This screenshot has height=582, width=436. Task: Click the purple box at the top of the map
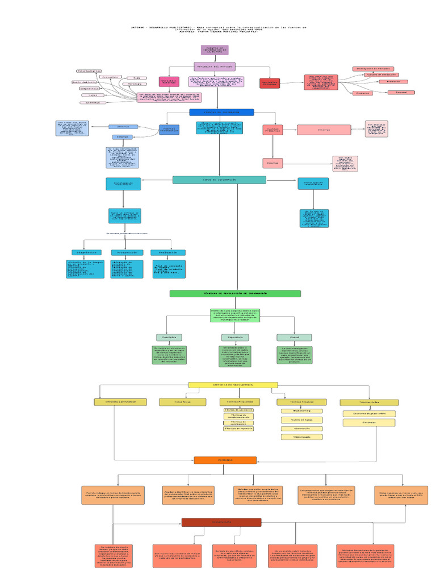215,50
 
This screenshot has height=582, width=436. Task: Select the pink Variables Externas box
169,82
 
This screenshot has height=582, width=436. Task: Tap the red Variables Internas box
270,83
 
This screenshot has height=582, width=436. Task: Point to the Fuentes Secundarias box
169,130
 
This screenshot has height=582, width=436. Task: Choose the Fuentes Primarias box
272,130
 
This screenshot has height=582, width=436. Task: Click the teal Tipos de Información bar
219,180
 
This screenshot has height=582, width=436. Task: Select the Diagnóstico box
87,252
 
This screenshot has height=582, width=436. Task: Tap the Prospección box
128,252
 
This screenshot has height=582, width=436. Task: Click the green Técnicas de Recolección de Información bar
235,293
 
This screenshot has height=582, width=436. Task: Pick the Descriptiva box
169,337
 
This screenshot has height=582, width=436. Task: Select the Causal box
294,337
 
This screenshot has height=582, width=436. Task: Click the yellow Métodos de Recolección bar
233,385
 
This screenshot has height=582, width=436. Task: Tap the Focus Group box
175,402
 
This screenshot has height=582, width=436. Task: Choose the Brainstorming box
301,410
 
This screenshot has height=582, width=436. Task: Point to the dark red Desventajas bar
221,522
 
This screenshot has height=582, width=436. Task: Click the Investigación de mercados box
373,68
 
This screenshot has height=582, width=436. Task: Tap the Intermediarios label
89,71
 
